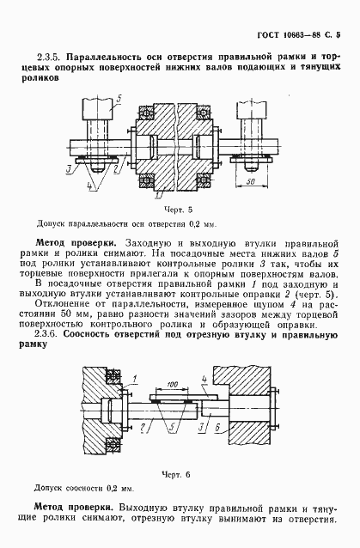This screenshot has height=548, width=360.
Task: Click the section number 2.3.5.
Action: pyautogui.click(x=66, y=59)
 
